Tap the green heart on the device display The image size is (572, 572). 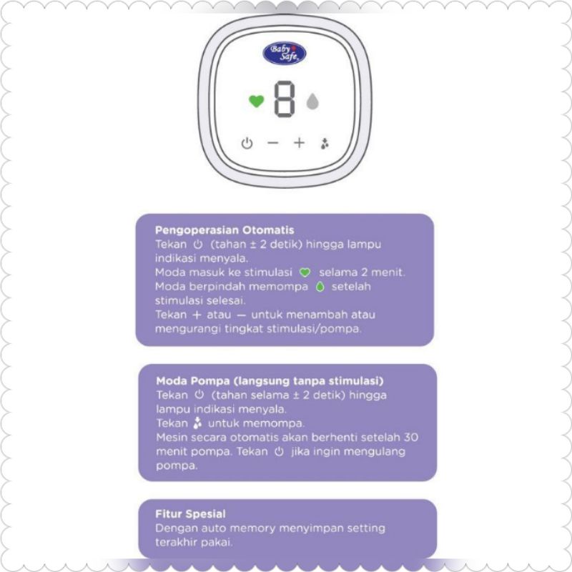(256, 102)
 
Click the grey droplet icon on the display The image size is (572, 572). (312, 102)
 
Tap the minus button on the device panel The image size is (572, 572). (272, 143)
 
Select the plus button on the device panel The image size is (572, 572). (299, 143)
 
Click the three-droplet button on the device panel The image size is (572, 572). (325, 143)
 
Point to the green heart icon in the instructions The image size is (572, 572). (305, 272)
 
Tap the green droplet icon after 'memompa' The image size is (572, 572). (319, 287)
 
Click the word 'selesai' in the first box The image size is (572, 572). (227, 300)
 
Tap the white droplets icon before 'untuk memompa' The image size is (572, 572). (197, 423)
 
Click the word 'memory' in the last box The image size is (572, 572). (247, 528)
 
